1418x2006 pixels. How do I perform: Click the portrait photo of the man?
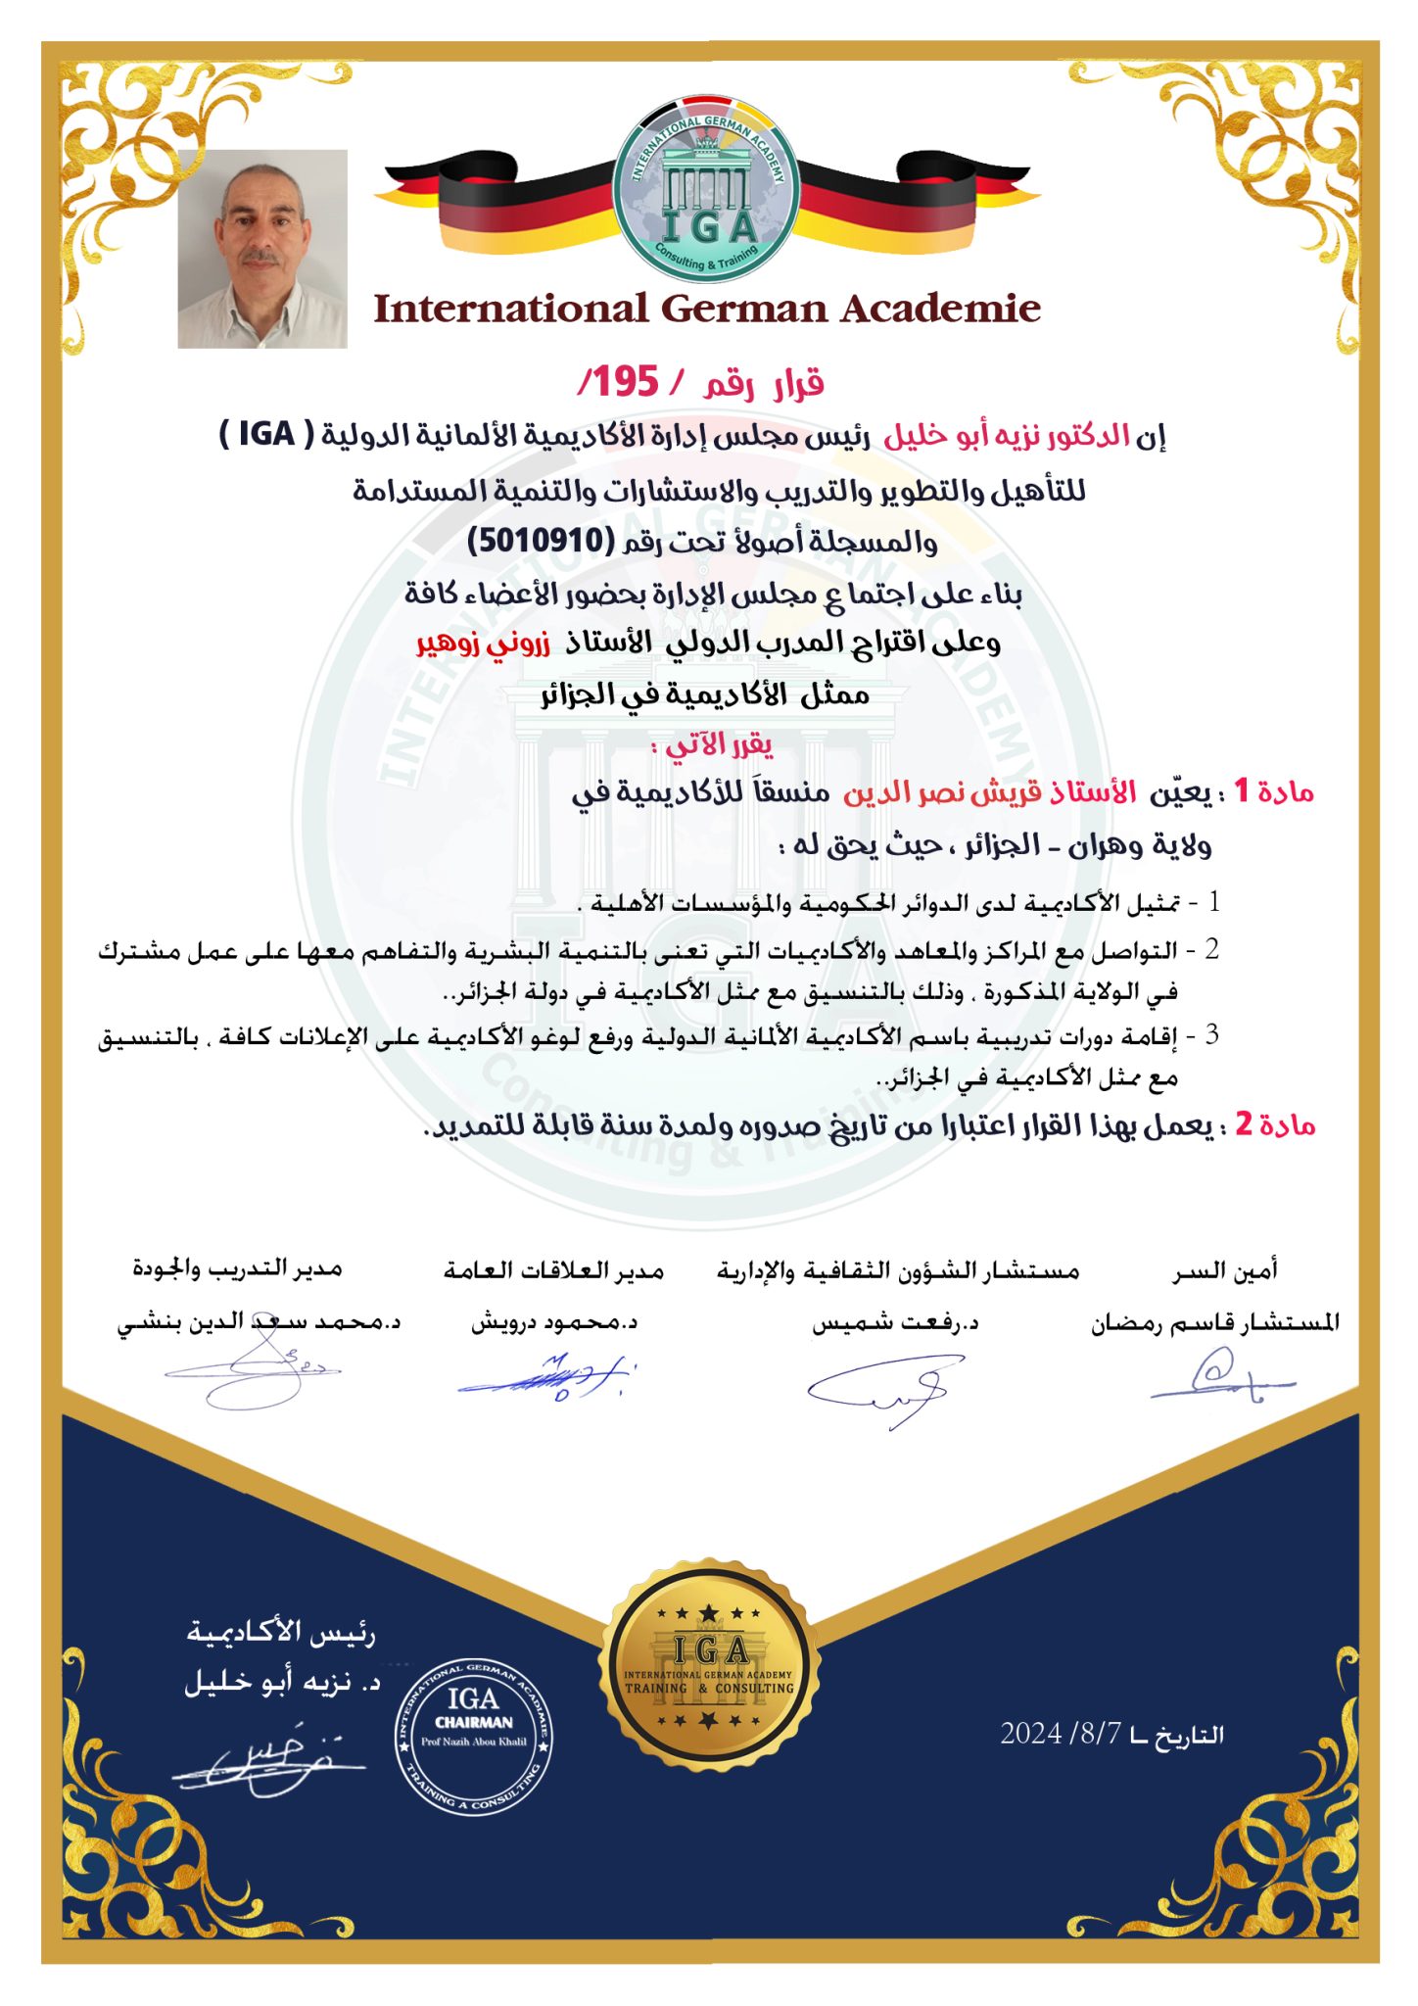pyautogui.click(x=262, y=249)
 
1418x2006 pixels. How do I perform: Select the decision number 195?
pyautogui.click(x=625, y=382)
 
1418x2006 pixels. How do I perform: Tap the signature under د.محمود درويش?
pyautogui.click(x=548, y=1376)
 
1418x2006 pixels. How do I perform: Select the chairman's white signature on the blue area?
pyautogui.click(x=269, y=1764)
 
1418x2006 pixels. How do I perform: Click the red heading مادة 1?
pyautogui.click(x=1273, y=791)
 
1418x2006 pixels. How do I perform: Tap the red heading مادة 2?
pyautogui.click(x=1274, y=1124)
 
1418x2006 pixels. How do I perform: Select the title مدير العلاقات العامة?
pyautogui.click(x=553, y=1270)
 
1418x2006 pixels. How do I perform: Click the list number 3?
pyautogui.click(x=1211, y=1034)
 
